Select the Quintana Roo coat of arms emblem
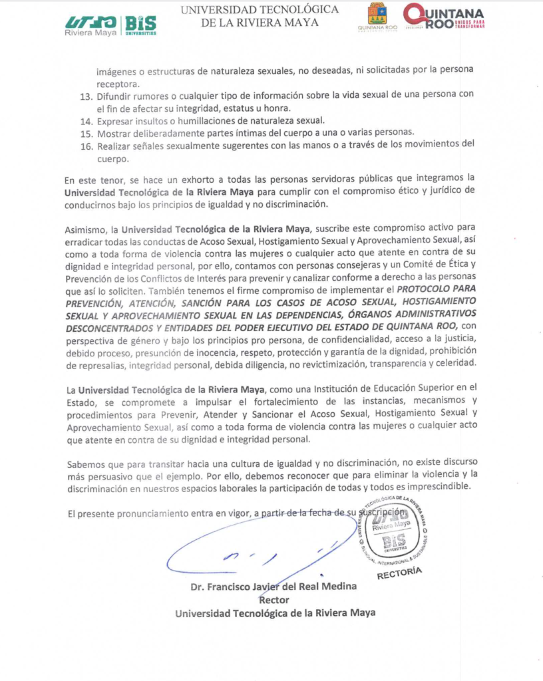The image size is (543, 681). (x=378, y=17)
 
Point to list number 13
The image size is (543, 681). (x=87, y=95)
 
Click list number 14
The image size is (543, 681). (x=87, y=120)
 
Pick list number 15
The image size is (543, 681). (x=87, y=133)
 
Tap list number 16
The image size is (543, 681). (x=87, y=146)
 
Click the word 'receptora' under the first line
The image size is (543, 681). (x=117, y=83)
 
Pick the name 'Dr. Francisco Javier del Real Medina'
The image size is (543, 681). (x=273, y=587)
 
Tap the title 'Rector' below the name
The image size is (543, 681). (x=273, y=600)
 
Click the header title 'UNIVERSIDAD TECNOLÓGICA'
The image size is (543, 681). (x=260, y=9)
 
